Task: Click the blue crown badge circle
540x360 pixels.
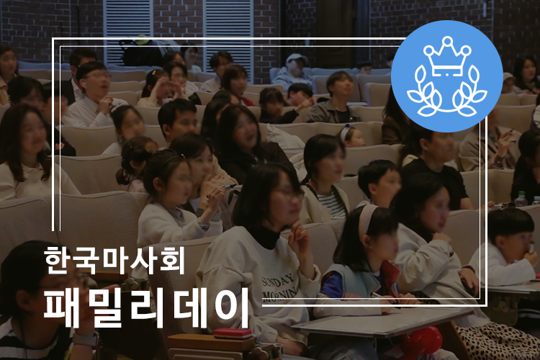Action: [446, 76]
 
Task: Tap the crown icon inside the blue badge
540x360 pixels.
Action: [447, 56]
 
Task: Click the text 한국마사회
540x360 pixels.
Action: [114, 260]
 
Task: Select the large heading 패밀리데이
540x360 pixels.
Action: [146, 307]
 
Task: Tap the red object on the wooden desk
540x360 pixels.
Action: [233, 333]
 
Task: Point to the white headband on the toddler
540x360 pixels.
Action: [344, 133]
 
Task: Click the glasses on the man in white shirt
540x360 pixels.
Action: [99, 76]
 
